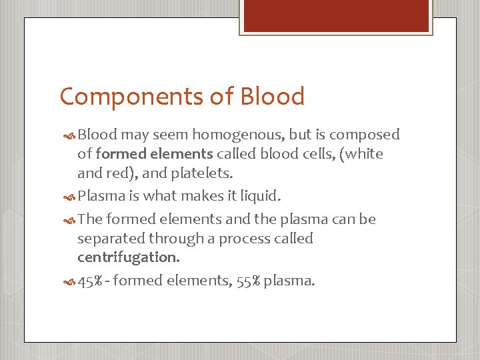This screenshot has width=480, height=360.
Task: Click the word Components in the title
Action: (126, 97)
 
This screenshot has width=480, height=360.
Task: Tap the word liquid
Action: (259, 196)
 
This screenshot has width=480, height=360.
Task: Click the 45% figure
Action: (90, 281)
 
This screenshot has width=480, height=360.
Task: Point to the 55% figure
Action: (248, 281)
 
